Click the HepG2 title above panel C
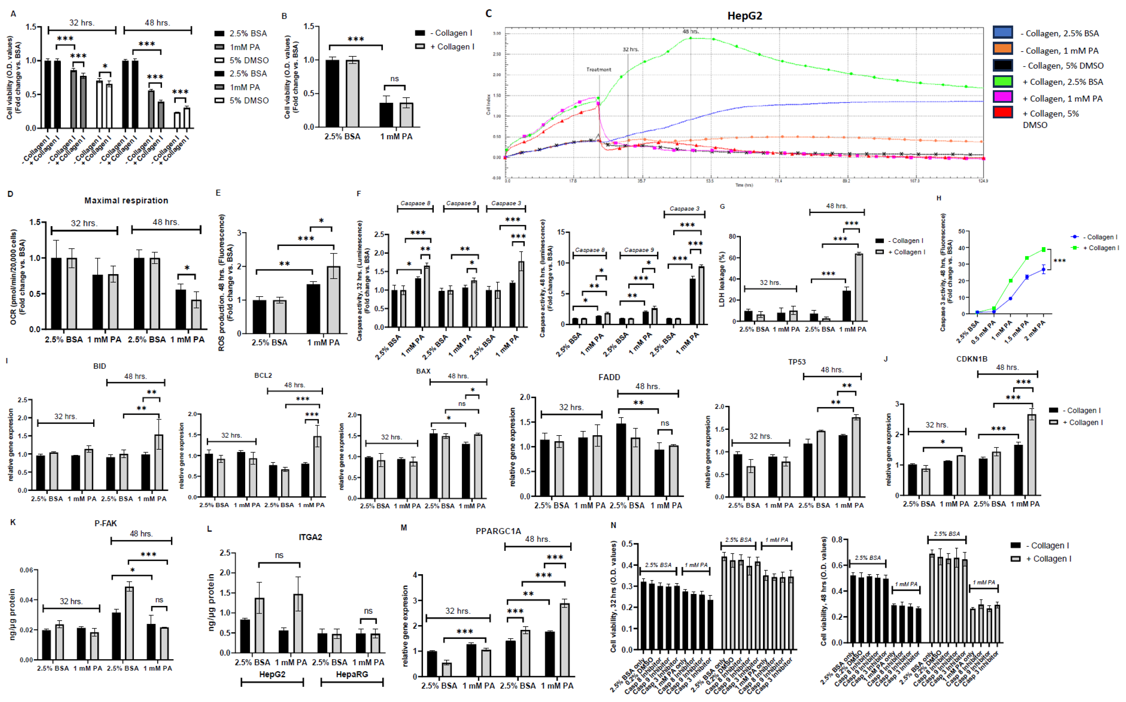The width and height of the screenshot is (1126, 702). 744,16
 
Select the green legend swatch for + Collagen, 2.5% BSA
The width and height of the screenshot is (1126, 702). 1002,82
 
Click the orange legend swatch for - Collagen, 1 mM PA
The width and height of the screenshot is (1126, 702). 1002,49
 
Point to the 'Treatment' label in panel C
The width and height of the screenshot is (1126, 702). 598,69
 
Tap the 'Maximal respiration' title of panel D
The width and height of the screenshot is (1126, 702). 126,200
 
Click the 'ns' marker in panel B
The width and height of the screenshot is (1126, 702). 394,79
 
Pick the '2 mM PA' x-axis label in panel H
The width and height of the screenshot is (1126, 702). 1036,331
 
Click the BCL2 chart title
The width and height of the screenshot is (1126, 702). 263,375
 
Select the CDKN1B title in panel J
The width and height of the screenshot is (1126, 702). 971,359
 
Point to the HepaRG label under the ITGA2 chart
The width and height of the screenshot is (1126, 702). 352,674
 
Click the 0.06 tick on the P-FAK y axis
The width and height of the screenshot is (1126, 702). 27,570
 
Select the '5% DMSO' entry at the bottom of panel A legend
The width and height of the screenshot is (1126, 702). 249,100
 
